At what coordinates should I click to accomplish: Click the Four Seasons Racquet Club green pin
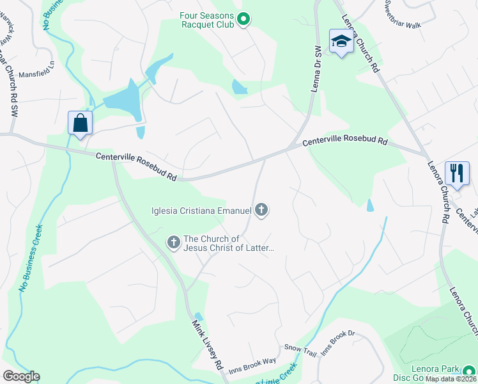243,20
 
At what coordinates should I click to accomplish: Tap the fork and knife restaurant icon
456,173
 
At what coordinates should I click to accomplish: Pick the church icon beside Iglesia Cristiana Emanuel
261,209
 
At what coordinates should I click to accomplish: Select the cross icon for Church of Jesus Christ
173,243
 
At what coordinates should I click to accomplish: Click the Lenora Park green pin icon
469,371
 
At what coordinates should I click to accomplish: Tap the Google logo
21,376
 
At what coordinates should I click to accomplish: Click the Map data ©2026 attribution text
451,379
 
